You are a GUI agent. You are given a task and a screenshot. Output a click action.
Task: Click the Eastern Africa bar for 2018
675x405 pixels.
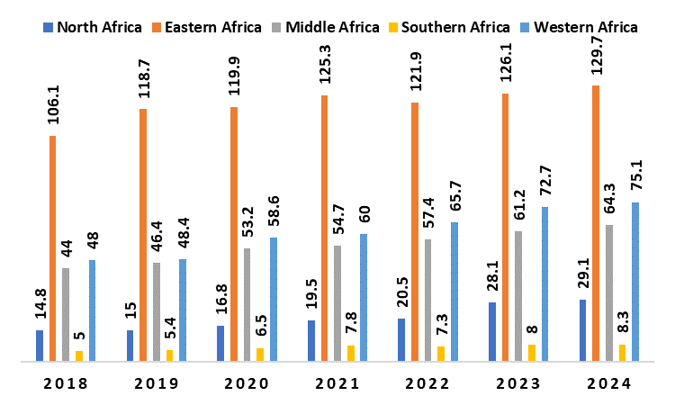pos(52,248)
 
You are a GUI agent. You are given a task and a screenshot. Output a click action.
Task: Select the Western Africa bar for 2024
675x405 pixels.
pos(635,282)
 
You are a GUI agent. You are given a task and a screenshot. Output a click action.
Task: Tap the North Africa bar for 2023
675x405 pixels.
pos(492,332)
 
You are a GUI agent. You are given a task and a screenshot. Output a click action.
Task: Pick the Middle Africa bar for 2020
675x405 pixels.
pos(247,304)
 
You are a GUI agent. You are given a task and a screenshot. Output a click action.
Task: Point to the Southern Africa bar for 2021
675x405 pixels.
pos(351,354)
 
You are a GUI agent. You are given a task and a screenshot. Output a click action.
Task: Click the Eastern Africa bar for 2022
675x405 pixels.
pos(415,232)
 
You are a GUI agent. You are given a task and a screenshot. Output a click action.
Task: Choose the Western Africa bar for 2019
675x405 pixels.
pos(183,310)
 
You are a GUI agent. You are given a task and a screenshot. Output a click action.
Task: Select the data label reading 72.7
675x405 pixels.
pos(544,182)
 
